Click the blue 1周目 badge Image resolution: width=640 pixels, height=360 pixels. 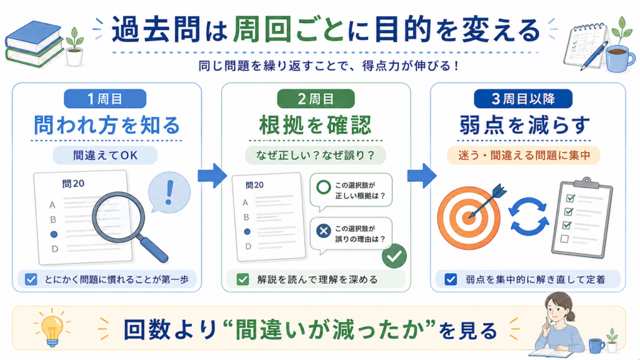click(105, 99)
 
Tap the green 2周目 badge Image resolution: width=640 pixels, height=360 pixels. click(316, 99)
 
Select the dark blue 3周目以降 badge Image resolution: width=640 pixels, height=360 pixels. click(523, 99)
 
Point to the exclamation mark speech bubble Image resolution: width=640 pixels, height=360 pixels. click(169, 192)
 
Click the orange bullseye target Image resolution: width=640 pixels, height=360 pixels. click(469, 218)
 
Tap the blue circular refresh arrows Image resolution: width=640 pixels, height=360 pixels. click(529, 217)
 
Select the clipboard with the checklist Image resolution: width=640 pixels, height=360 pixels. click(582, 217)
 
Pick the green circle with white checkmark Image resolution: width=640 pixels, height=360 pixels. click(394, 256)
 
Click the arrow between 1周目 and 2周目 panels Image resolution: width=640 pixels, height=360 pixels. click(212, 176)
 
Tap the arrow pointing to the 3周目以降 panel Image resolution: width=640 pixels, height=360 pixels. click(422, 176)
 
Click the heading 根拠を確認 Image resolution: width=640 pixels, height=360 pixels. click(316, 125)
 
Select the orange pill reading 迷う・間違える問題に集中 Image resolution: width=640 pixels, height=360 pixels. click(524, 156)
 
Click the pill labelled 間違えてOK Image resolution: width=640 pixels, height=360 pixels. click(105, 156)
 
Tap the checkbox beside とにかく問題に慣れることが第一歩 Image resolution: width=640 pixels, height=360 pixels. click(31, 279)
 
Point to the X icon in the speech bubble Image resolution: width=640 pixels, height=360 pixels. click(324, 231)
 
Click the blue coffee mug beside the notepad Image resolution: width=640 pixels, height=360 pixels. click(620, 58)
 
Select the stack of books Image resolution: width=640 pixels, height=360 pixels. click(34, 44)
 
